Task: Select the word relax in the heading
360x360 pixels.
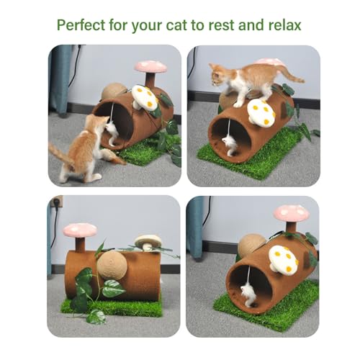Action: pyautogui.click(x=282, y=25)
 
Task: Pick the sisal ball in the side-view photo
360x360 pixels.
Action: pyautogui.click(x=112, y=265)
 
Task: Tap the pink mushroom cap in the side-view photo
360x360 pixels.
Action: pyautogui.click(x=79, y=230)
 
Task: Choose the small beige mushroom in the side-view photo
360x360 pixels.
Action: pyautogui.click(x=148, y=241)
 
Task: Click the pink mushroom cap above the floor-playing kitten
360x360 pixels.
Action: pyautogui.click(x=150, y=66)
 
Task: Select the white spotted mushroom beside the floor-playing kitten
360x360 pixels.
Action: pyautogui.click(x=144, y=97)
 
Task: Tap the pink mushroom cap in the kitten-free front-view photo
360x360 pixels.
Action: pyautogui.click(x=292, y=212)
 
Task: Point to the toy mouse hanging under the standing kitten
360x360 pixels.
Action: pyautogui.click(x=230, y=144)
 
